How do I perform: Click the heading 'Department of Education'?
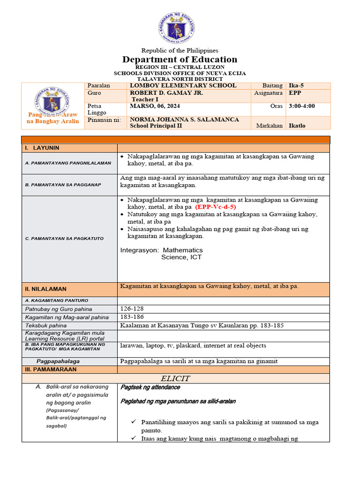pyautogui.click(x=180, y=60)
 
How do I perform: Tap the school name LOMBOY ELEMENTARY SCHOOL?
pyautogui.click(x=183, y=86)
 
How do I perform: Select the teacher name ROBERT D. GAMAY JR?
pyautogui.click(x=166, y=93)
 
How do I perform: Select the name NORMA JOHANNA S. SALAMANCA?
pyautogui.click(x=184, y=120)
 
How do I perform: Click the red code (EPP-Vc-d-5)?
pyautogui.click(x=216, y=207)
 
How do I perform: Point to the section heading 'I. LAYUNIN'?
pyautogui.click(x=42, y=148)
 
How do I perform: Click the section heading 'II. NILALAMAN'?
pyautogui.click(x=45, y=289)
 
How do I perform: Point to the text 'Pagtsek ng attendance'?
pyautogui.click(x=150, y=388)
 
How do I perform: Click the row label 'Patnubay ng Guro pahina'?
pyautogui.click(x=58, y=309)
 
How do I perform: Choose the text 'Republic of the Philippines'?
pyautogui.click(x=180, y=50)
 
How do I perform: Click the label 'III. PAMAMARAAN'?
pyautogui.click(x=50, y=369)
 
